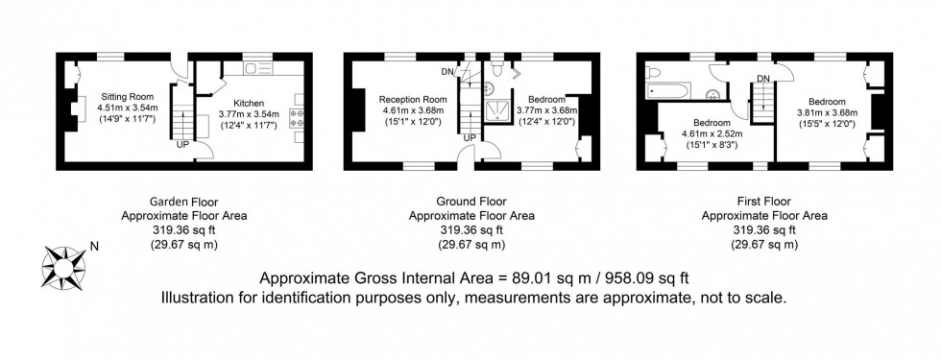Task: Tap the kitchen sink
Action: pyautogui.click(x=259, y=67)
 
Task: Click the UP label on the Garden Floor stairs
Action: pyautogui.click(x=181, y=145)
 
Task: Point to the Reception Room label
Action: pyautogui.click(x=413, y=99)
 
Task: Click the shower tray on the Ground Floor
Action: pyautogui.click(x=496, y=110)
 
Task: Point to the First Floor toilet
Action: pyautogui.click(x=653, y=70)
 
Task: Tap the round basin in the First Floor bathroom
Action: pyautogui.click(x=715, y=93)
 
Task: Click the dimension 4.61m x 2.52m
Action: pyautogui.click(x=712, y=134)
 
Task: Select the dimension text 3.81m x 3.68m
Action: pyautogui.click(x=826, y=113)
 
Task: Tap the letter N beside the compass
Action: pyautogui.click(x=93, y=247)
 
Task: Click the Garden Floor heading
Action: pyautogui.click(x=183, y=202)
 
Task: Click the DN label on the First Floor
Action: pyautogui.click(x=763, y=78)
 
